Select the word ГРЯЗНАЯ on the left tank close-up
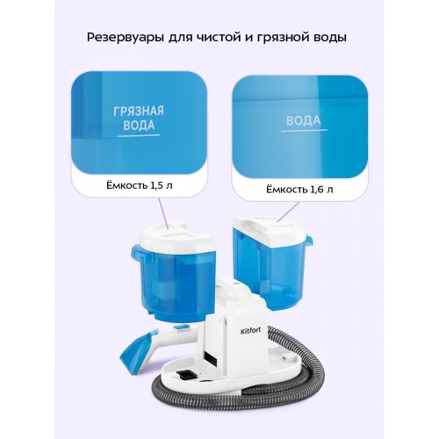pyautogui.click(x=139, y=111)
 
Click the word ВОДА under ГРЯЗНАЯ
pyautogui.click(x=139, y=125)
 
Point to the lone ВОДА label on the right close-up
pyautogui.click(x=304, y=120)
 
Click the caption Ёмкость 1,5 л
pyautogui.click(x=140, y=185)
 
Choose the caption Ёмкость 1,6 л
pyautogui.click(x=299, y=190)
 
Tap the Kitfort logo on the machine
pyautogui.click(x=250, y=331)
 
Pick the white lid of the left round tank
pyautogui.click(x=176, y=236)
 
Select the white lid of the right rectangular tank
pyautogui.click(x=272, y=231)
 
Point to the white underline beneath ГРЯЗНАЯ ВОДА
pyautogui.click(x=139, y=136)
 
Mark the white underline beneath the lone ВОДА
pyautogui.click(x=304, y=130)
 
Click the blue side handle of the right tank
pyautogui.click(x=309, y=240)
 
